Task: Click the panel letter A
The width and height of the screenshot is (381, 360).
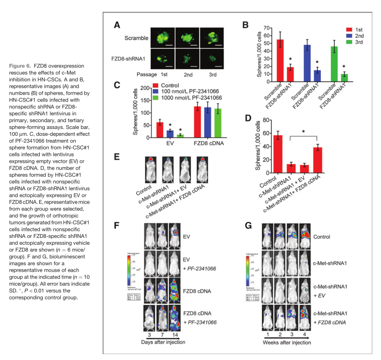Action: tap(117, 25)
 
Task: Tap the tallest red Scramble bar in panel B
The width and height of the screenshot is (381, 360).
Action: tap(281, 59)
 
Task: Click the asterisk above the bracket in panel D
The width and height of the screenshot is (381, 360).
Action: tap(303, 132)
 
